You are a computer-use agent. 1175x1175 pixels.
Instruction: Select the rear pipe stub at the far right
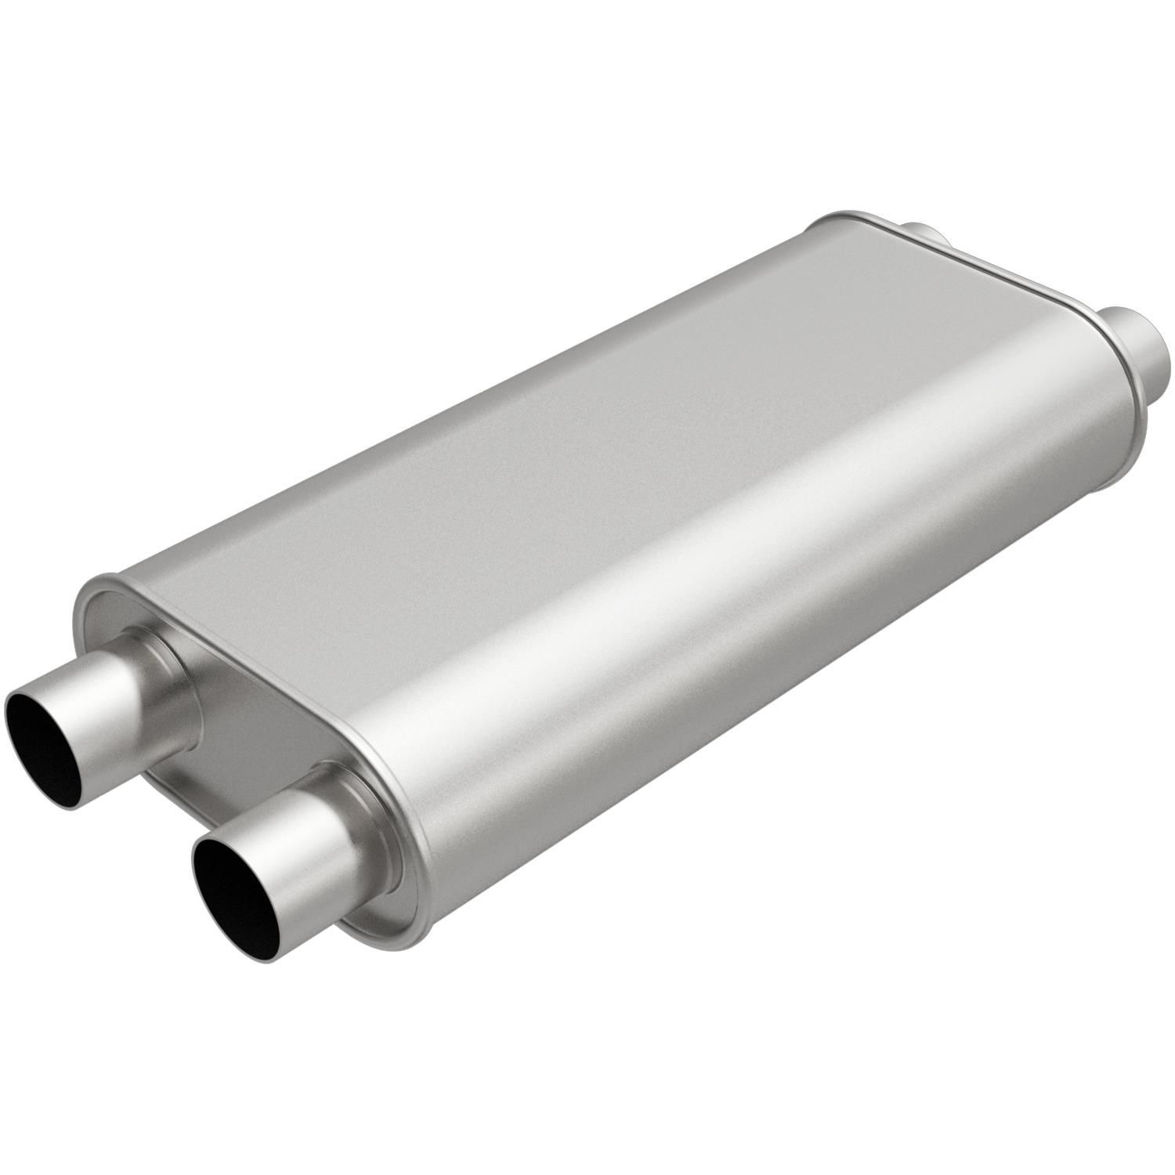tap(1136, 345)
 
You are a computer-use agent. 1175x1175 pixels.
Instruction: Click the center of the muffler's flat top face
tap(611, 439)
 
